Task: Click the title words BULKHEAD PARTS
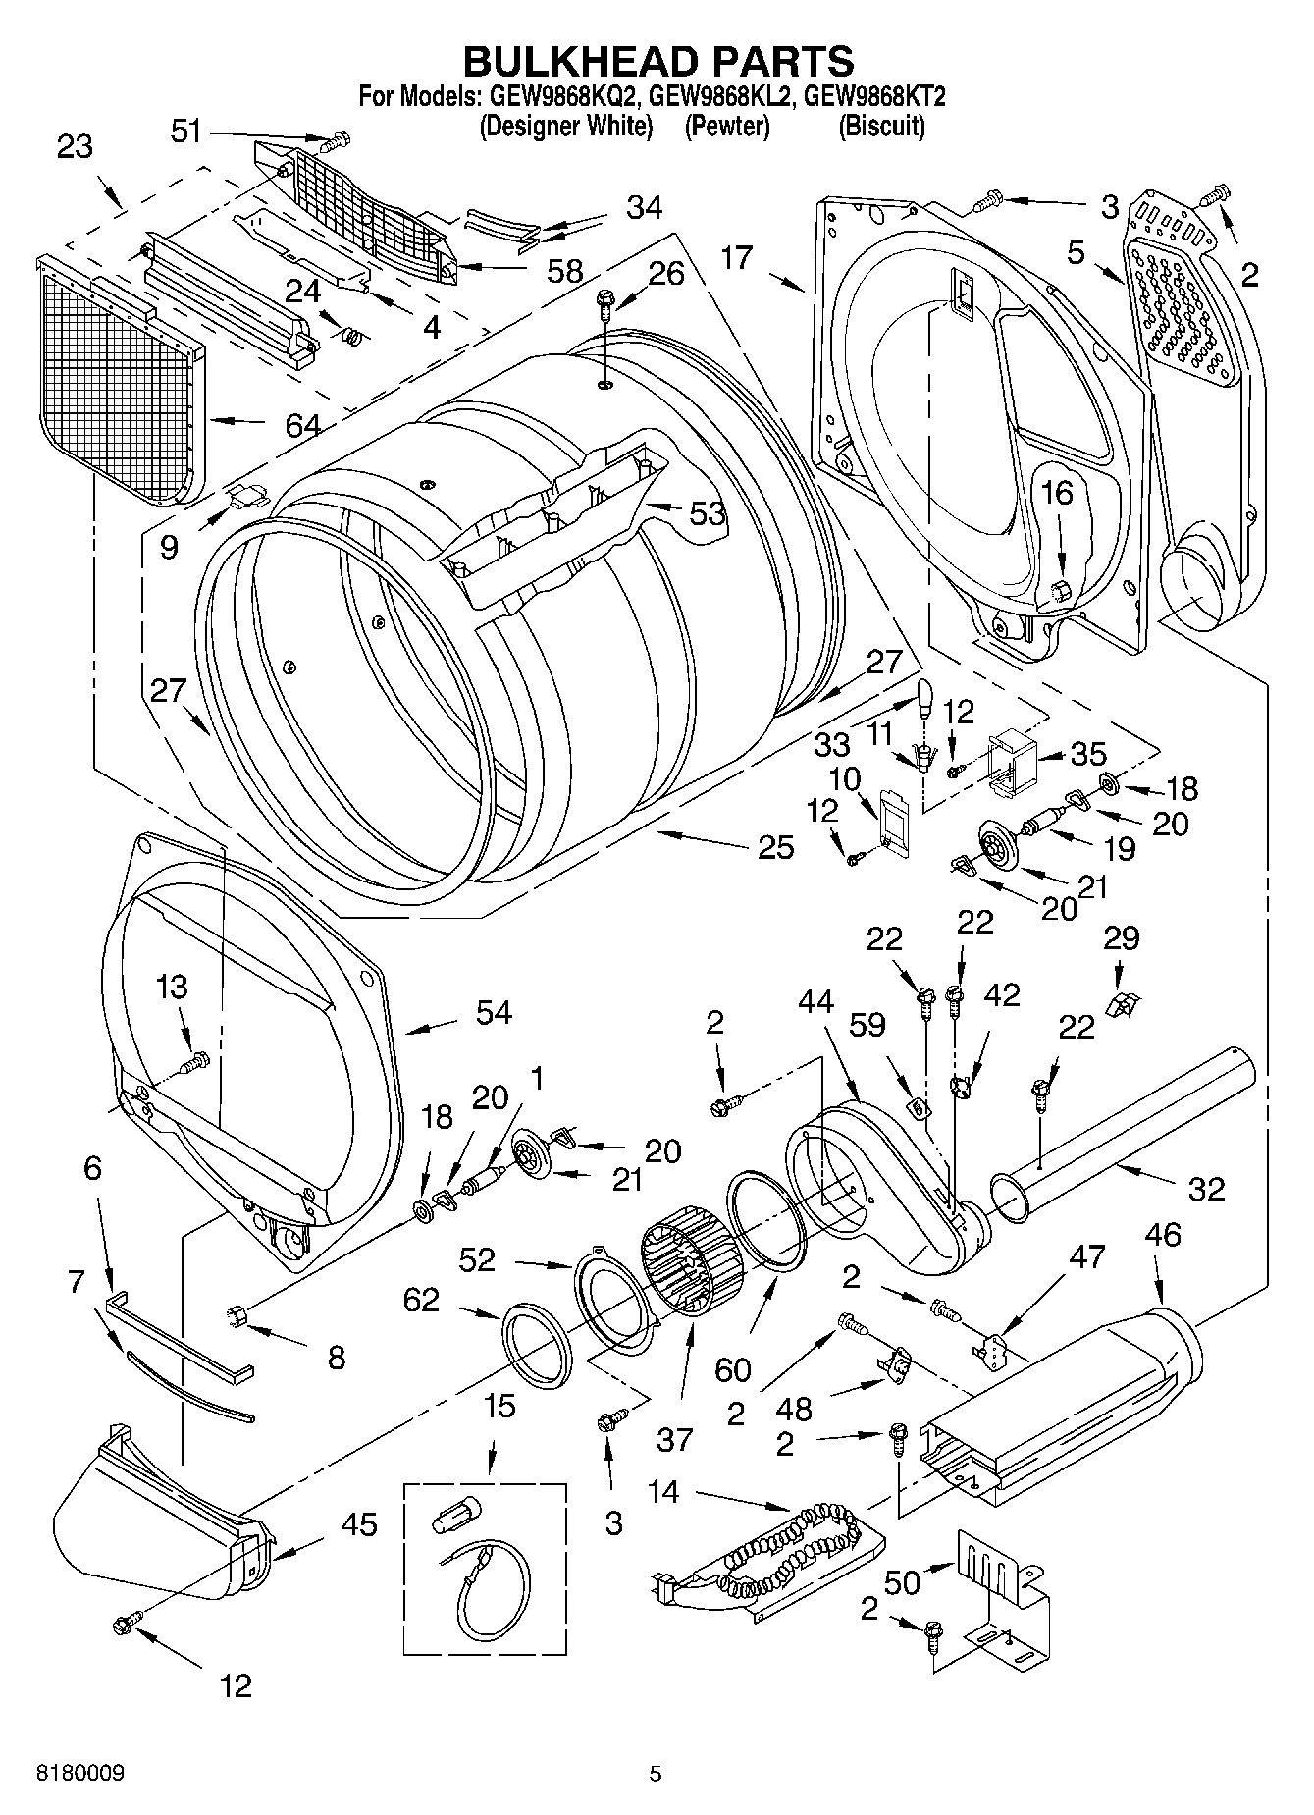(657, 61)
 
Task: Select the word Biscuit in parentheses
(881, 126)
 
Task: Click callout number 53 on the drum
(707, 512)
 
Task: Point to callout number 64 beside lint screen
(302, 426)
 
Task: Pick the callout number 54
(494, 1012)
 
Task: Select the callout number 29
(1121, 937)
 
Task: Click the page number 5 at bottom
(656, 1773)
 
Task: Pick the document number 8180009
(80, 1773)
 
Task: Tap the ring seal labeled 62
(537, 1345)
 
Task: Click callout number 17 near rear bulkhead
(736, 258)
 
